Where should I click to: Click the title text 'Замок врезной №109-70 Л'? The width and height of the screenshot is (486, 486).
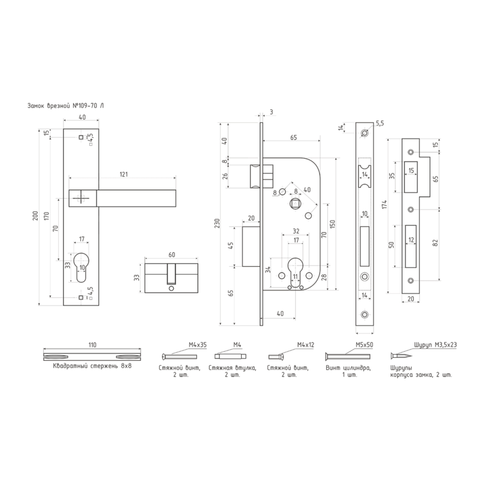66,106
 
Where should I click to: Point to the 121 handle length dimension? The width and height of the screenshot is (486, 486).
124,174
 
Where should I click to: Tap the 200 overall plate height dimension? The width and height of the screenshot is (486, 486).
36,216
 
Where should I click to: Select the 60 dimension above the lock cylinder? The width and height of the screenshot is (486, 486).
172,255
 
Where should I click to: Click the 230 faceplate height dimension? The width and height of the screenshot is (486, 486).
217,223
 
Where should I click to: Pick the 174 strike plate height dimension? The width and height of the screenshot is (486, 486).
385,204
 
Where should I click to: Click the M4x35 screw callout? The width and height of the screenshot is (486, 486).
197,344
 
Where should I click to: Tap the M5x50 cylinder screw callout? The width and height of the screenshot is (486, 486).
364,344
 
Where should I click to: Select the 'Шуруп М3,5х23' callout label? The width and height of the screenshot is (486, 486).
435,344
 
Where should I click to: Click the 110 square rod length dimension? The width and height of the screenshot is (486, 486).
92,344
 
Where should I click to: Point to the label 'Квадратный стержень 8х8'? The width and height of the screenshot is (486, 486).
92,366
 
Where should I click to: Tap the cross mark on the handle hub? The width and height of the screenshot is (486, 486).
81,198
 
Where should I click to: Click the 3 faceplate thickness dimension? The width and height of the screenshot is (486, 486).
272,112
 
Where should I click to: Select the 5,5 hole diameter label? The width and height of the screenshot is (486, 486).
380,123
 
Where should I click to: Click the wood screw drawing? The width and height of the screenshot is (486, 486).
402,355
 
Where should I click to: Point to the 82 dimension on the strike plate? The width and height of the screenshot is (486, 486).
435,242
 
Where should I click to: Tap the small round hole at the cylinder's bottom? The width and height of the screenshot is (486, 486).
171,289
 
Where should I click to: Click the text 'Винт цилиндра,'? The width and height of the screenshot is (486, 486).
348,368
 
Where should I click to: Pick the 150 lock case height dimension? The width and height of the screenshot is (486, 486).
332,224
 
